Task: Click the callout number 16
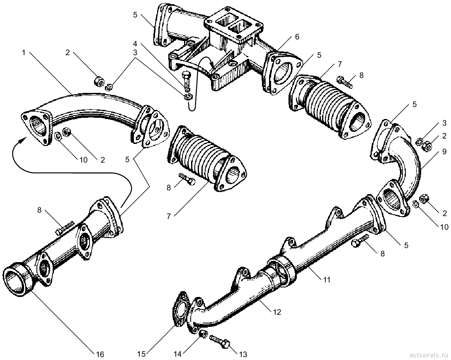pos(99,354)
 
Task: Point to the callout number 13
pos(243,354)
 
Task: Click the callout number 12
pos(277,312)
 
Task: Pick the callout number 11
pos(327,279)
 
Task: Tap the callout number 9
pos(445,151)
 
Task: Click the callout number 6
pos(297,36)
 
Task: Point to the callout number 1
pos(24,52)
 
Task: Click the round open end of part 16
pos(17,280)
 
